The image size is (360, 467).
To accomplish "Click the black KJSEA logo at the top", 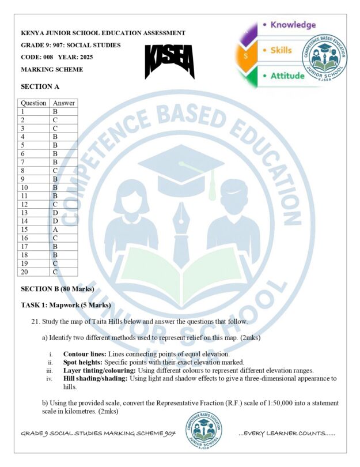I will click(169, 62).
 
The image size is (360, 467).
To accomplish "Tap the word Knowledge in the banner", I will click(293, 25).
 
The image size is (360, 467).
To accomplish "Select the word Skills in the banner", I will click(281, 50).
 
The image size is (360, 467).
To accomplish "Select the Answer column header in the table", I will click(63, 103).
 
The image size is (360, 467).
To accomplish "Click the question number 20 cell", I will click(25, 272).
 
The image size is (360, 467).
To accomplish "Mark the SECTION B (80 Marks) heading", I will click(57, 288).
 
